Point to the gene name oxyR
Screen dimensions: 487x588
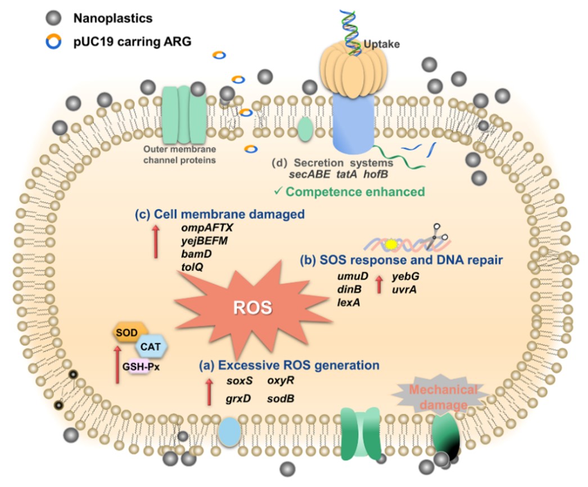click(x=281, y=381)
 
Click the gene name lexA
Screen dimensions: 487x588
click(x=349, y=303)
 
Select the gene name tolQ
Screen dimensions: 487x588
click(x=192, y=267)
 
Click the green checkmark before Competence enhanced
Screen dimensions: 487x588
click(x=278, y=192)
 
